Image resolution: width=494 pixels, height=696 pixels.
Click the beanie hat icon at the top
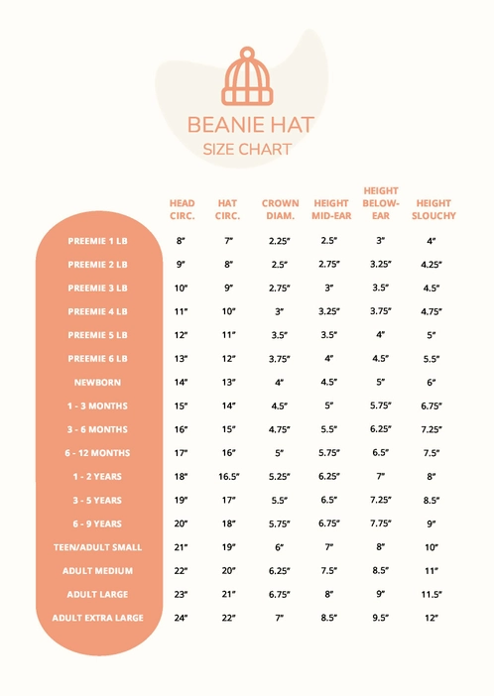coord(246,77)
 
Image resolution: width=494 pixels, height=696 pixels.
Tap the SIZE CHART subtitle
coord(246,150)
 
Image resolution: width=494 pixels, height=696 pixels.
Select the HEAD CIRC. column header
coord(182,209)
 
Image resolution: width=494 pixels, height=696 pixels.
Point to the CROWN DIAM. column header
coord(280,209)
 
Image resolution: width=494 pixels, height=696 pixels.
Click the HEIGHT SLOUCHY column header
coord(432,209)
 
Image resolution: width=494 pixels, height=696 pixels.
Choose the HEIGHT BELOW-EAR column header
coord(381,203)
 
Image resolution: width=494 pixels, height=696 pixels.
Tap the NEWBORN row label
coord(98,383)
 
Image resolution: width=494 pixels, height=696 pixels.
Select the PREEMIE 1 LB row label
coord(98,241)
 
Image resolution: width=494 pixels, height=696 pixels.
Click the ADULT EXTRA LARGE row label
coord(98,618)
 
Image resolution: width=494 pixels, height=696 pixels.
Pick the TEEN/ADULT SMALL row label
coord(98,547)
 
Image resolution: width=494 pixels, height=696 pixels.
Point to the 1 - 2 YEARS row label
coord(98,477)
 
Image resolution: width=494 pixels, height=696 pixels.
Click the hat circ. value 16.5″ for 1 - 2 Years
coord(228,477)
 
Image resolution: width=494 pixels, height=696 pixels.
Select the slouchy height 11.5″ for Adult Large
coord(432,595)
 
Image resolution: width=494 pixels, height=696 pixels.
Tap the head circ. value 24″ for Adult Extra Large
coord(182,618)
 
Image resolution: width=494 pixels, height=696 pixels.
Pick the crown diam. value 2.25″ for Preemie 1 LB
coord(279,241)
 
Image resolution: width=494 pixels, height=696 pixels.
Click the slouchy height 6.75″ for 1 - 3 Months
coord(432,406)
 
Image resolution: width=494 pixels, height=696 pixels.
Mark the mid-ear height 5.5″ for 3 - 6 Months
coord(329,430)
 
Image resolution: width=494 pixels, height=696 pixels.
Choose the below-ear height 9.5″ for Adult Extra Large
coord(381,618)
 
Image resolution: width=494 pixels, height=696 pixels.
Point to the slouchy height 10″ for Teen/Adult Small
coord(432,547)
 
